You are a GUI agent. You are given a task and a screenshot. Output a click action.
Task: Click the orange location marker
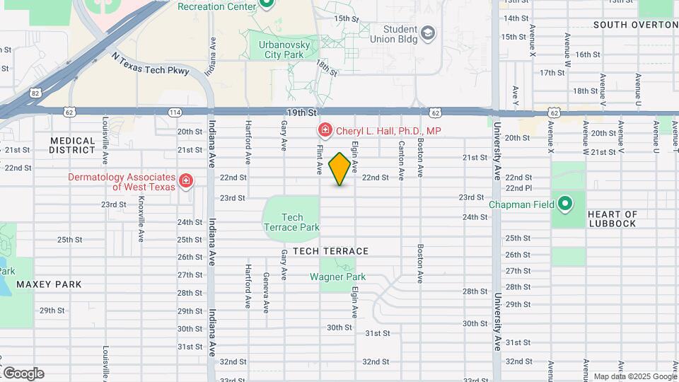[x=340, y=169]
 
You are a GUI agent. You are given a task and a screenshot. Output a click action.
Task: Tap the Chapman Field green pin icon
[x=564, y=205]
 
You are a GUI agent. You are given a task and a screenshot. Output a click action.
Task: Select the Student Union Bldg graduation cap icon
[x=427, y=33]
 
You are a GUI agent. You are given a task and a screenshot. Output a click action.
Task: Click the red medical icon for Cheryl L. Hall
[x=324, y=130]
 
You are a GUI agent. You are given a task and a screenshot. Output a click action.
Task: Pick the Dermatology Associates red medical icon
[x=185, y=182]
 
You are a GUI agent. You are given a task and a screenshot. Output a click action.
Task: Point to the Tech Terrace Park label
[x=291, y=222]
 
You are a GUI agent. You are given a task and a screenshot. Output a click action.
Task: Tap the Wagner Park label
[x=337, y=277]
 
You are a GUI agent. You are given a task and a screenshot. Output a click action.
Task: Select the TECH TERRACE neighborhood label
[x=330, y=251]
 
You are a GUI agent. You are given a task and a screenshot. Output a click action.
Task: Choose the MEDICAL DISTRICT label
[x=72, y=145]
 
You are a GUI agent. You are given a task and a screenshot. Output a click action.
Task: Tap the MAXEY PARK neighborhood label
[x=49, y=284]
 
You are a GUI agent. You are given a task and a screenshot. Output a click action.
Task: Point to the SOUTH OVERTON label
[x=635, y=25]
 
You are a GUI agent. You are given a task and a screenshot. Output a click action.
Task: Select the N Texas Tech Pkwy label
[x=151, y=65]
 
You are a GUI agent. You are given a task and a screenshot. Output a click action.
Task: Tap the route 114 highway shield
[x=175, y=112]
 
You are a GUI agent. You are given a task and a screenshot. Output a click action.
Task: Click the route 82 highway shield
[x=35, y=92]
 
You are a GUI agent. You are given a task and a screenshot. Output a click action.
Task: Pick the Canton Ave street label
[x=401, y=158]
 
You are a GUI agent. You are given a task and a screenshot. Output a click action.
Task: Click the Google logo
[x=23, y=373]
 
